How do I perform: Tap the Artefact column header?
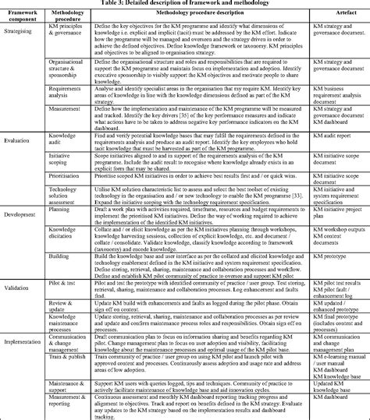[335, 15]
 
